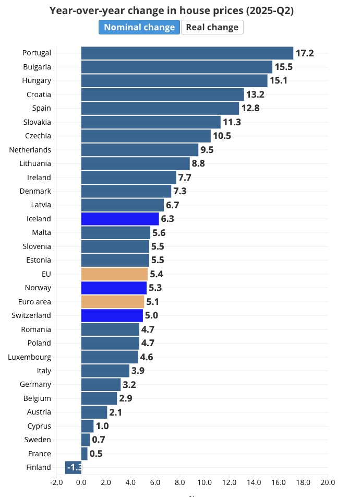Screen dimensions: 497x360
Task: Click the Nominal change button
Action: tap(139, 27)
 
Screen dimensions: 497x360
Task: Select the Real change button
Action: tap(212, 27)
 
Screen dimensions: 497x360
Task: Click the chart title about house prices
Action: tap(172, 11)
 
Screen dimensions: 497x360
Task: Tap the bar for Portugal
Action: tap(187, 53)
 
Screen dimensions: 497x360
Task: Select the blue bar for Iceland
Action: tap(120, 219)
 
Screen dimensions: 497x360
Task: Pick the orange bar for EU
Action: tap(114, 274)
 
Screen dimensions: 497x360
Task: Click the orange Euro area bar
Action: tap(113, 302)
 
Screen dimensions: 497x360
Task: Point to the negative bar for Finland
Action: tap(73, 467)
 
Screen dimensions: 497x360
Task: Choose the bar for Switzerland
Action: tap(112, 315)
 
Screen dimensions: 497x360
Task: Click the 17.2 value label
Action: tap(305, 53)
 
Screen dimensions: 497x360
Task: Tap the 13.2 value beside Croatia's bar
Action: tap(256, 94)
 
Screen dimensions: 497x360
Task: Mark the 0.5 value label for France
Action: tap(96, 454)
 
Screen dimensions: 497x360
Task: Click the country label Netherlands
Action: tap(30, 150)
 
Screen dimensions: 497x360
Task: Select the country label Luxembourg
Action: tap(30, 357)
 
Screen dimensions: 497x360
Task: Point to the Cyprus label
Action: tap(39, 426)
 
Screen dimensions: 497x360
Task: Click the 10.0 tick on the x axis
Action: tap(205, 482)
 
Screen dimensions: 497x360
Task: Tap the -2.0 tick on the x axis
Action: tap(56, 482)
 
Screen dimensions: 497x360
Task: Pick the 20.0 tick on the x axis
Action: tap(328, 482)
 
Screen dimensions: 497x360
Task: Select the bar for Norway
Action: tap(114, 288)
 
